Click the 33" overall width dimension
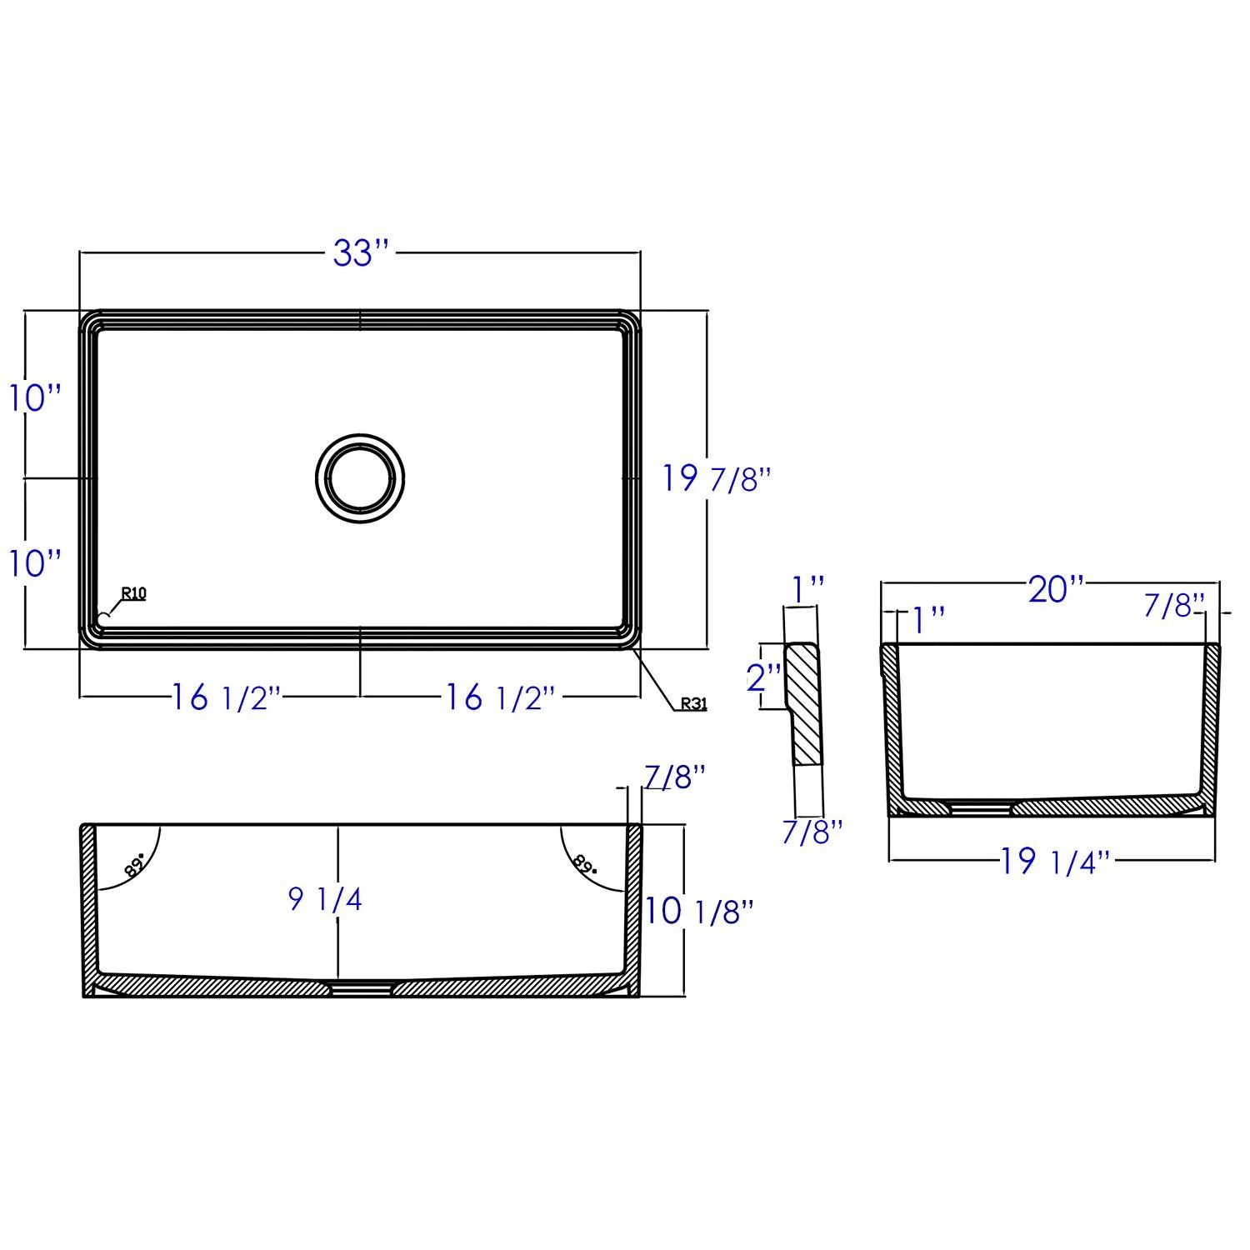tap(361, 252)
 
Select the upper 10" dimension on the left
tap(35, 397)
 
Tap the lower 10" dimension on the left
tap(35, 563)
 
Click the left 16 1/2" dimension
tap(226, 697)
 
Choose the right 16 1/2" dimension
tap(499, 697)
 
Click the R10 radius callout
tap(133, 593)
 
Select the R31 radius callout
tap(693, 703)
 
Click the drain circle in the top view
tap(361, 478)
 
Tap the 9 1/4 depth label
tap(325, 899)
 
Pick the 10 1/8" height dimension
tap(698, 911)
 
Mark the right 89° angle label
tap(586, 863)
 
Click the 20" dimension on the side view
tap(1056, 589)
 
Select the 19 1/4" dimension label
tap(1055, 862)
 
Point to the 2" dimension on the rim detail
tap(763, 677)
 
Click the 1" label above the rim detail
tap(807, 589)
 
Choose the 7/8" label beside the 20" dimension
tap(1174, 606)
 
